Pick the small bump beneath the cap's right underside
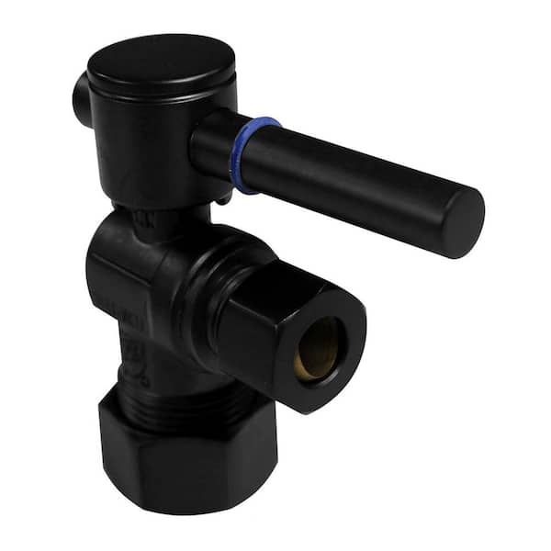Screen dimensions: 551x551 pos(223,196)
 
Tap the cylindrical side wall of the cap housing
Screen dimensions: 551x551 pos(147,147)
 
